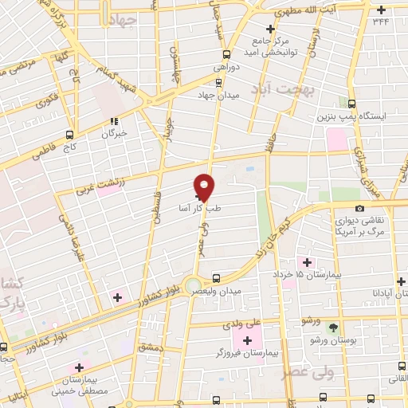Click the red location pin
[x=206, y=186]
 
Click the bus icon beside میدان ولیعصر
[x=216, y=278]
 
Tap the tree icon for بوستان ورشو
[x=333, y=328]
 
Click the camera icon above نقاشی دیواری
[x=360, y=208]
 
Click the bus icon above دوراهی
[x=227, y=55]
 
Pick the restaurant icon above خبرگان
[x=114, y=121]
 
